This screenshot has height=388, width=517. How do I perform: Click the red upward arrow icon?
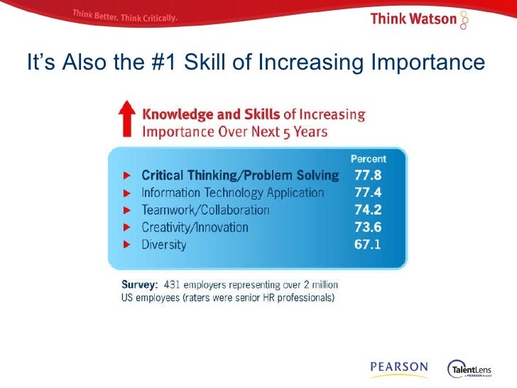click(x=126, y=119)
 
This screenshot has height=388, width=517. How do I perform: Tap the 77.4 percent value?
click(x=369, y=193)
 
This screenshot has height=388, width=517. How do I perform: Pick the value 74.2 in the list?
click(x=369, y=210)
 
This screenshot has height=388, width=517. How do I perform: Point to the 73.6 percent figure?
click(x=369, y=227)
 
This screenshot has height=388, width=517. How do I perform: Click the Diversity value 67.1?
click(x=369, y=244)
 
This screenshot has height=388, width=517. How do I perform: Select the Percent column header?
click(x=369, y=159)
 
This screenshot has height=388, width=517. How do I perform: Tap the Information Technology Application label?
click(x=233, y=193)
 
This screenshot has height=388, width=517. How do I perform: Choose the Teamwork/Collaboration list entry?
click(x=205, y=210)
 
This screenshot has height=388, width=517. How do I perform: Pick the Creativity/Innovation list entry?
click(x=195, y=227)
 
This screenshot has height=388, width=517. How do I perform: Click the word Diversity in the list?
click(x=164, y=244)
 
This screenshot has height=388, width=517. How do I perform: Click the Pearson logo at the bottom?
click(x=398, y=368)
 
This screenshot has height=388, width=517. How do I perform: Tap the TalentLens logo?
click(x=472, y=369)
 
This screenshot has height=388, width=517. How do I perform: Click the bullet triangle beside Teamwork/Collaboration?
click(x=126, y=210)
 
